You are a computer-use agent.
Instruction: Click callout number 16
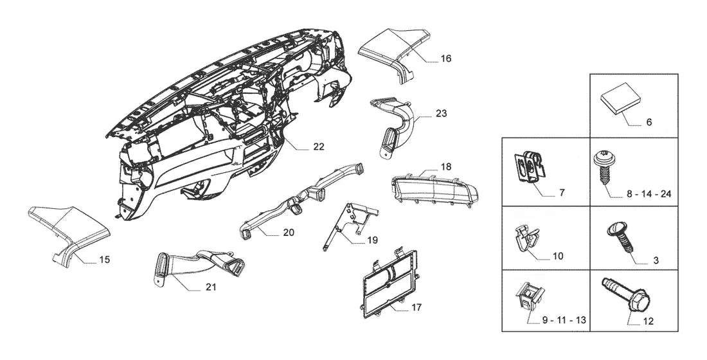[446, 59]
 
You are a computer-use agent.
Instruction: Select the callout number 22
[319, 147]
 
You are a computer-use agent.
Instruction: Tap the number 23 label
[442, 113]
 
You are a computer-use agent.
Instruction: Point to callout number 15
[105, 260]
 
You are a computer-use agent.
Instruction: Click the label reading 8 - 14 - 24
[649, 194]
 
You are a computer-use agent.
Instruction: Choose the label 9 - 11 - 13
[564, 320]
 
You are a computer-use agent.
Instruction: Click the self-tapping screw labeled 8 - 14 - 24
[602, 167]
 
